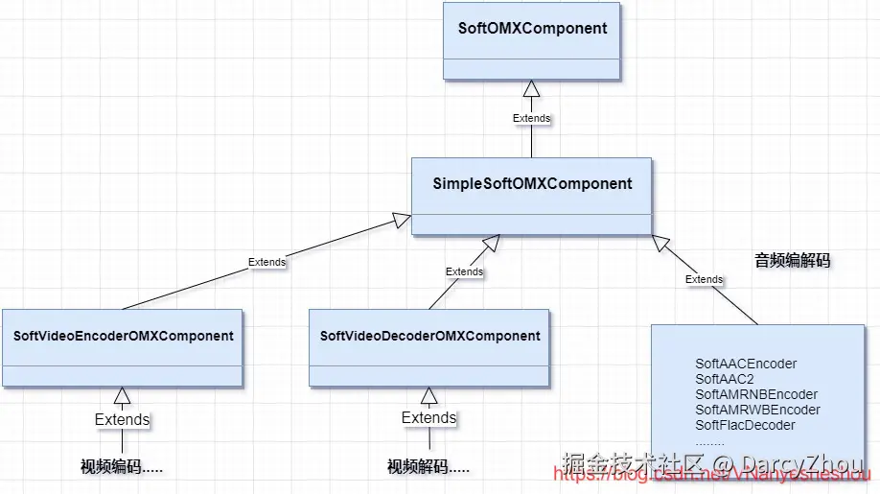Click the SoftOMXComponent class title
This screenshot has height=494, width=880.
pyautogui.click(x=532, y=28)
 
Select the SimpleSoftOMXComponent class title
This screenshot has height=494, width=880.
pyautogui.click(x=532, y=183)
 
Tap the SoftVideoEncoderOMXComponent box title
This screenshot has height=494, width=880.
pyautogui.click(x=124, y=336)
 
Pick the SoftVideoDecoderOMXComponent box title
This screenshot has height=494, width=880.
pyautogui.click(x=430, y=336)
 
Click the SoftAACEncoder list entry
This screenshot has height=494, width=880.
pyautogui.click(x=746, y=364)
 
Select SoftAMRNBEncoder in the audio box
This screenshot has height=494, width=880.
pyautogui.click(x=756, y=394)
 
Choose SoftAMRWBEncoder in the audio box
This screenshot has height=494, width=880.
pyautogui.click(x=757, y=410)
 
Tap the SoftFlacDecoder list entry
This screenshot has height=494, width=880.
pyautogui.click(x=745, y=425)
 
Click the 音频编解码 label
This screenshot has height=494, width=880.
pyautogui.click(x=792, y=260)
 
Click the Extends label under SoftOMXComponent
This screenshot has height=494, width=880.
pyautogui.click(x=531, y=118)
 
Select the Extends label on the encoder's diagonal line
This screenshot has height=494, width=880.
pyautogui.click(x=266, y=261)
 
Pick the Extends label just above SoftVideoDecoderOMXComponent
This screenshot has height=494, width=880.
pyautogui.click(x=464, y=271)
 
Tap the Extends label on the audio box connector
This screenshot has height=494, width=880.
pyautogui.click(x=704, y=279)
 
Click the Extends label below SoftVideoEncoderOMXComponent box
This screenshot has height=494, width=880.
pyautogui.click(x=122, y=419)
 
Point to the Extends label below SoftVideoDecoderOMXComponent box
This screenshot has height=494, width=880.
pyautogui.click(x=428, y=417)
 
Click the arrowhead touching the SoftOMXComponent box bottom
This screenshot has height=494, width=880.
pyautogui.click(x=531, y=89)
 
